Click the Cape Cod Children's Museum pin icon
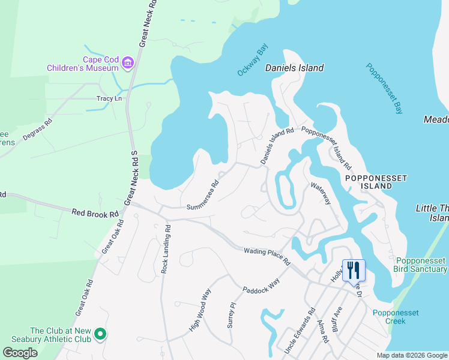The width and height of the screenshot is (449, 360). point(127,63)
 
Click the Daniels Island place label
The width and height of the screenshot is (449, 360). point(294,68)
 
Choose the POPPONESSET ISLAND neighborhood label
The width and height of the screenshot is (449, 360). point(376,182)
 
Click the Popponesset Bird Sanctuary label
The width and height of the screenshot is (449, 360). point(421,265)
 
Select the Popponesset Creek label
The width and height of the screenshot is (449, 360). point(396,317)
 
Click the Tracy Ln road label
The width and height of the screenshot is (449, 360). point(109,98)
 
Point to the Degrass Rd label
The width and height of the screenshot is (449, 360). point(37,129)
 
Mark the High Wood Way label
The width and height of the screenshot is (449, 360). point(200,310)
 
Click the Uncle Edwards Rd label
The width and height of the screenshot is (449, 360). point(300,331)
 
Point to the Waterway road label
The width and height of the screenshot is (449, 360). point(321,194)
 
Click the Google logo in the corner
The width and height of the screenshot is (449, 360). point(20,353)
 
